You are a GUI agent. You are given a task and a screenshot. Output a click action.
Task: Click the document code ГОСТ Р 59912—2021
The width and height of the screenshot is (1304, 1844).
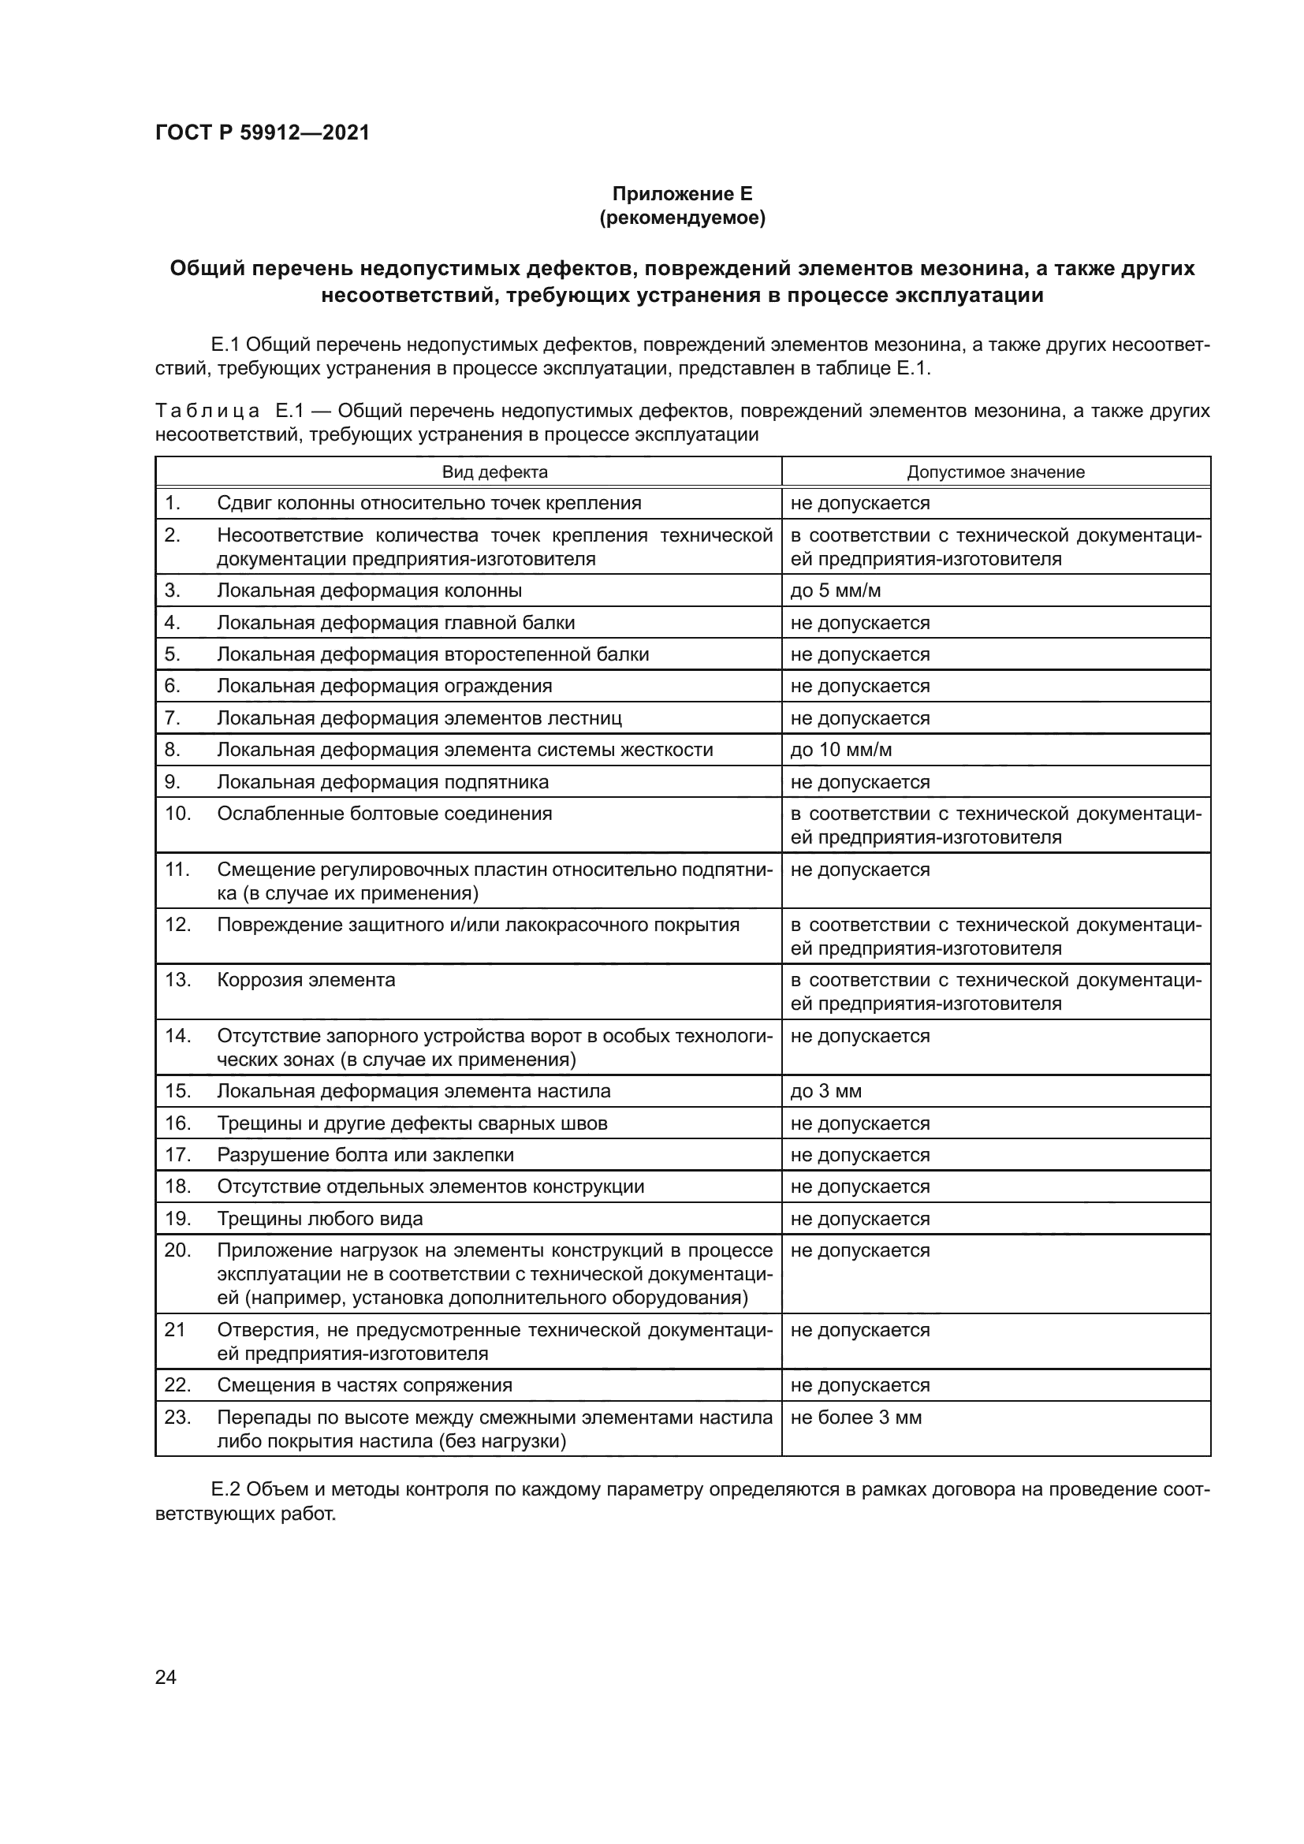(x=262, y=132)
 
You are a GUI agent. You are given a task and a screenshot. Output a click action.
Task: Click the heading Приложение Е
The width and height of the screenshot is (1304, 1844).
(x=683, y=194)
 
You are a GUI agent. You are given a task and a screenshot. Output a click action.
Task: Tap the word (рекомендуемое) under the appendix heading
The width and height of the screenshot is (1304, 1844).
(x=683, y=218)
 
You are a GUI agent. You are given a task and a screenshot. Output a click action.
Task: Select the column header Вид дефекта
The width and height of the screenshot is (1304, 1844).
(x=494, y=472)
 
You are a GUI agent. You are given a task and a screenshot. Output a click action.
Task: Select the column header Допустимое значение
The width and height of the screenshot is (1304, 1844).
(x=995, y=472)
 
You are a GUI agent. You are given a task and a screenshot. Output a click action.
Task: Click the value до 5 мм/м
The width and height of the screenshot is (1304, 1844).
(x=835, y=591)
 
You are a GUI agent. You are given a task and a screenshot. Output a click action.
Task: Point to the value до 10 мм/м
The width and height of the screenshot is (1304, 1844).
(x=840, y=750)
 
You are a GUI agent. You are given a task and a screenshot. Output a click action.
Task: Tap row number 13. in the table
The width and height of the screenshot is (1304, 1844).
(x=177, y=981)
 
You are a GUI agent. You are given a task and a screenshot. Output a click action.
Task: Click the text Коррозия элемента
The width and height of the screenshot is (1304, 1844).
(x=306, y=981)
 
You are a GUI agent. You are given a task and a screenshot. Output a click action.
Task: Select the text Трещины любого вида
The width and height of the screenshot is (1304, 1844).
(x=319, y=1219)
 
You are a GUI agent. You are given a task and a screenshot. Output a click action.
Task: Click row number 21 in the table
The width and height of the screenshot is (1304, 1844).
(x=175, y=1330)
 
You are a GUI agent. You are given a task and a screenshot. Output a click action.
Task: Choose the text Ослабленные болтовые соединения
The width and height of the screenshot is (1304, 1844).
(x=385, y=814)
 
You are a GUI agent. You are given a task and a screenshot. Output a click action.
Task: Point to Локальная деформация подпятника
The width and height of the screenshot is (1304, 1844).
(x=383, y=782)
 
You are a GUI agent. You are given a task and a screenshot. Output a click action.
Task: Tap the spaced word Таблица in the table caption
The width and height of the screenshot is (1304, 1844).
(x=207, y=412)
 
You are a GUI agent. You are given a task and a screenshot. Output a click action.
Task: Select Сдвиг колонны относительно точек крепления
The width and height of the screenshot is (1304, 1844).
(x=429, y=504)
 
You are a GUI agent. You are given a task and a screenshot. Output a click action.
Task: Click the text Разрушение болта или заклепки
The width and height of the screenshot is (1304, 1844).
(x=365, y=1155)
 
